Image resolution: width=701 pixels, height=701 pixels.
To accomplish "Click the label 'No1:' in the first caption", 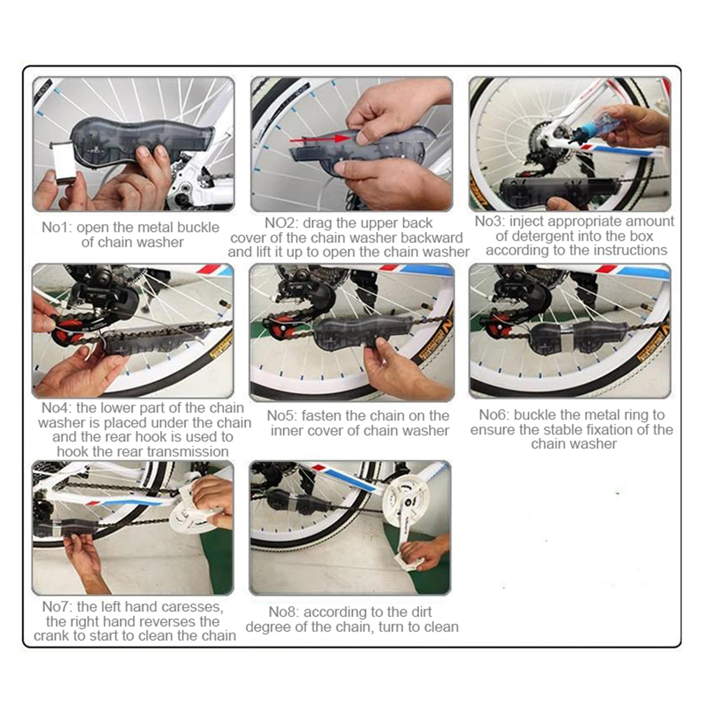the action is [57, 227].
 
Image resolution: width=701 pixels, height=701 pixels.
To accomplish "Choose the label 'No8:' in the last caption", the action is [283, 611].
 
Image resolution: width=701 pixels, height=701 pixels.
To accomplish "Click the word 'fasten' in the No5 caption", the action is [323, 416].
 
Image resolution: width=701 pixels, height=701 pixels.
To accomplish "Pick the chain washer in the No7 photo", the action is [71, 528].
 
